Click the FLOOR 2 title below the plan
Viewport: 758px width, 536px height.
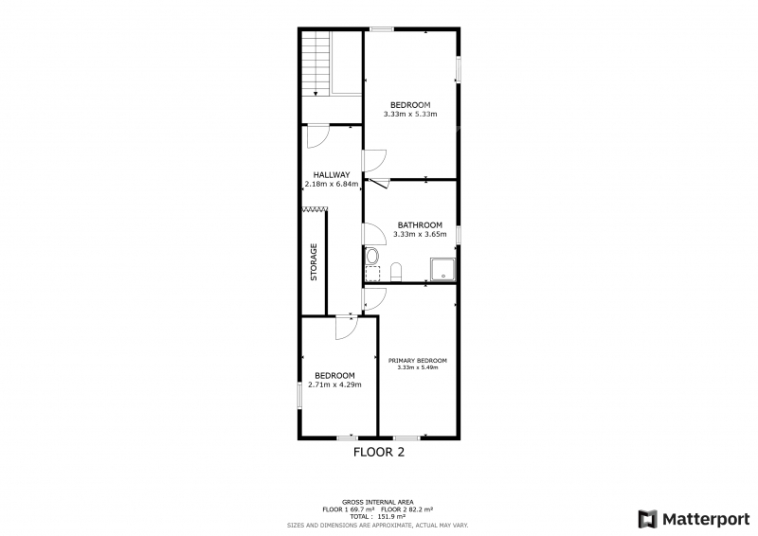tap(379, 453)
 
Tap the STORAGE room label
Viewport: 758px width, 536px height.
tap(314, 262)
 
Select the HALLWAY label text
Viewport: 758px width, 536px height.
tap(332, 175)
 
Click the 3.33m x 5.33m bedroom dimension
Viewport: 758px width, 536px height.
tap(410, 115)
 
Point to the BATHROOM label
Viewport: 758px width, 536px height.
tap(420, 225)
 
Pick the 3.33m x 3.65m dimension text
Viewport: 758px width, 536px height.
tap(420, 235)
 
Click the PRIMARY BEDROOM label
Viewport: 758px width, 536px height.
tap(418, 361)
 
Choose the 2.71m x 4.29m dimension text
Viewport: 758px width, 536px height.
tap(335, 385)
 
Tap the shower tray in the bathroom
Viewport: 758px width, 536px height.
tap(442, 269)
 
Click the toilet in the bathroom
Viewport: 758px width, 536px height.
tap(396, 272)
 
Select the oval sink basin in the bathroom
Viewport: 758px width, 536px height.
tap(372, 256)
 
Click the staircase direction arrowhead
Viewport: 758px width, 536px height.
tap(316, 94)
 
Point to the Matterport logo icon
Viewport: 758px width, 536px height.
tap(648, 519)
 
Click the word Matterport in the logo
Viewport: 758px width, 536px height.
tap(706, 520)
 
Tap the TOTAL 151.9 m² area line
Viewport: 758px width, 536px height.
tap(377, 517)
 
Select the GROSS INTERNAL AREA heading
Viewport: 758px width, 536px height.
tap(377, 503)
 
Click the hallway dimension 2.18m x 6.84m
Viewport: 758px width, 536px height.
tap(332, 184)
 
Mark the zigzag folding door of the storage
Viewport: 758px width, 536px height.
tap(315, 208)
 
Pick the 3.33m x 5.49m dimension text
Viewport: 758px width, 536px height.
tap(418, 367)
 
